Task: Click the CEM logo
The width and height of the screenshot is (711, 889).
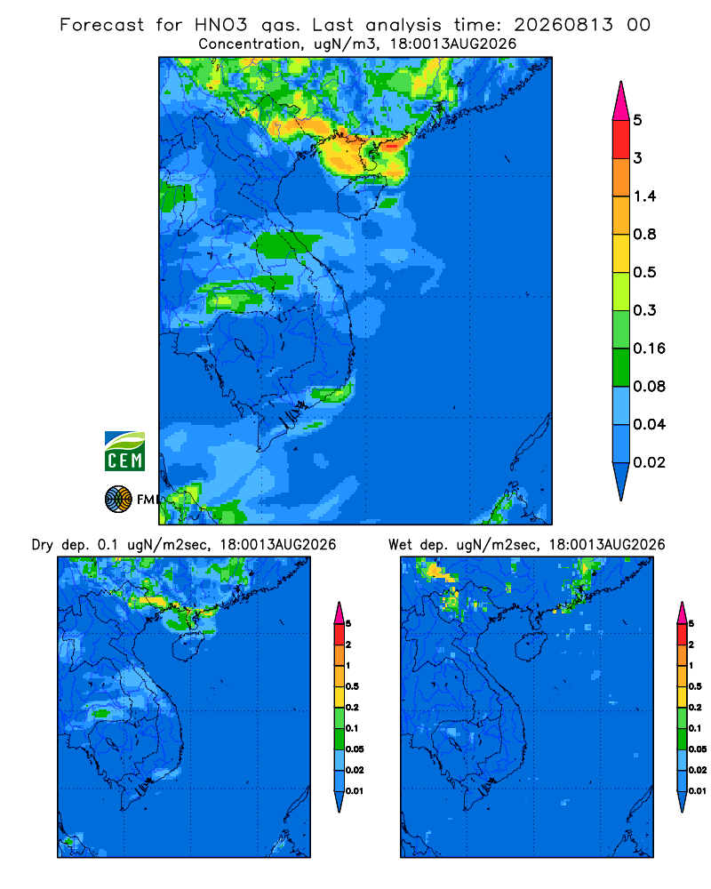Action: [124, 452]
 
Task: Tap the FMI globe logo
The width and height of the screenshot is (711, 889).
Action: [118, 499]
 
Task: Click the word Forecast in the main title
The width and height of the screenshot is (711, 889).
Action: [102, 25]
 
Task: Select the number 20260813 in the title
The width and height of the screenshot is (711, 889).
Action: [563, 25]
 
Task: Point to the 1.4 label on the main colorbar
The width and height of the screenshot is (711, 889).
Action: [644, 196]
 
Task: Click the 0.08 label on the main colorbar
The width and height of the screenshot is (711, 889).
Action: [649, 386]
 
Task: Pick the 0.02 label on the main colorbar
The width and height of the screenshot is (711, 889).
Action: [649, 462]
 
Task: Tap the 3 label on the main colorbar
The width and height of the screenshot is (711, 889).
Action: [638, 157]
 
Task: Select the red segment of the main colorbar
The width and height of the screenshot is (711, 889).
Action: [621, 139]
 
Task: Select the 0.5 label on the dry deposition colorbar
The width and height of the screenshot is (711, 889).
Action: [352, 686]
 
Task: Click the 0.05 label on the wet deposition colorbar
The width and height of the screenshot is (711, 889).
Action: [698, 749]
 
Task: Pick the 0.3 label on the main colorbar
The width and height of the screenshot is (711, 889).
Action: [644, 310]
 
